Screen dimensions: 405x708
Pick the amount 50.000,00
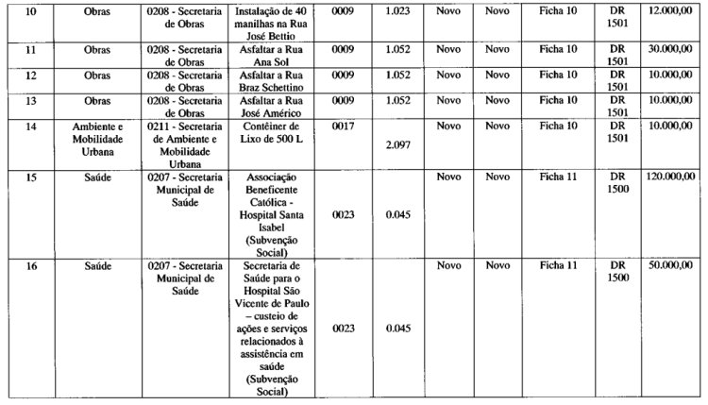coord(672,266)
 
